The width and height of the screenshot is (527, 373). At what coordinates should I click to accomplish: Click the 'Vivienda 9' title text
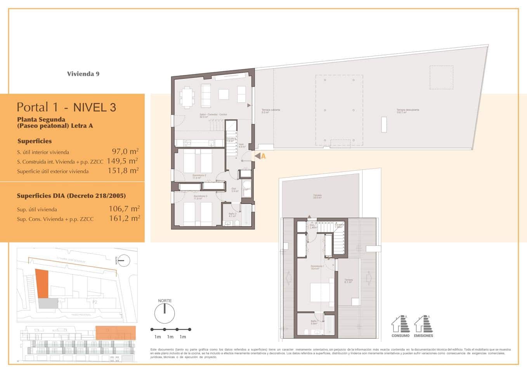click(x=83, y=74)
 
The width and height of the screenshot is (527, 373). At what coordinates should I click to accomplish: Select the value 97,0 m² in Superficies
click(x=125, y=152)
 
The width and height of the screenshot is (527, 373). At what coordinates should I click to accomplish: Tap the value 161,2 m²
click(x=124, y=219)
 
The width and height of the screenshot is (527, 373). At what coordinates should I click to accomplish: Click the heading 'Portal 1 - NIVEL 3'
click(x=66, y=107)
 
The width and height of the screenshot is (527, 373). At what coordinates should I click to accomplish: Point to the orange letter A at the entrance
click(x=263, y=156)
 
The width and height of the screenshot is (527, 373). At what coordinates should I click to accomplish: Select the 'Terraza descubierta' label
click(x=407, y=111)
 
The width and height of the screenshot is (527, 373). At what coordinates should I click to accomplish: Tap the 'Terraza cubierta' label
click(x=270, y=111)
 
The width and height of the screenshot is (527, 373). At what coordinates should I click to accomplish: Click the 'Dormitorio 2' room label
click(x=199, y=176)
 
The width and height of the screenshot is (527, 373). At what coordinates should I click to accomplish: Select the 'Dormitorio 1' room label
click(x=317, y=267)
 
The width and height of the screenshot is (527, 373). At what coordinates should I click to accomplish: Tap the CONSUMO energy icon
click(x=400, y=326)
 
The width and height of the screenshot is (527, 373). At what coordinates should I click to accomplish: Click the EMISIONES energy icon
click(x=423, y=326)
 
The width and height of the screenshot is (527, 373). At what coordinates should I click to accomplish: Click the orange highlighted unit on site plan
click(x=42, y=284)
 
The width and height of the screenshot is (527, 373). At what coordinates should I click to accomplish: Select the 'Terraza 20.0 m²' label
click(x=317, y=197)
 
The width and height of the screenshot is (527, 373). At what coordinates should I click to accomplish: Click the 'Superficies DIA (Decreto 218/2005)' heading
click(x=71, y=196)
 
